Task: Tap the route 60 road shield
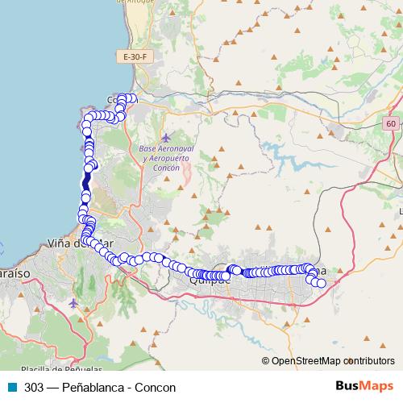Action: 391,123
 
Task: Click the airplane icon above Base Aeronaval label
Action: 166,138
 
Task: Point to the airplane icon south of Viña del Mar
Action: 74,304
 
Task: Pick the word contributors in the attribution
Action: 370,361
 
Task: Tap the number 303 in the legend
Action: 34,387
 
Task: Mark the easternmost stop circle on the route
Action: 322,283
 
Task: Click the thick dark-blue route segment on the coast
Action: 85,184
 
